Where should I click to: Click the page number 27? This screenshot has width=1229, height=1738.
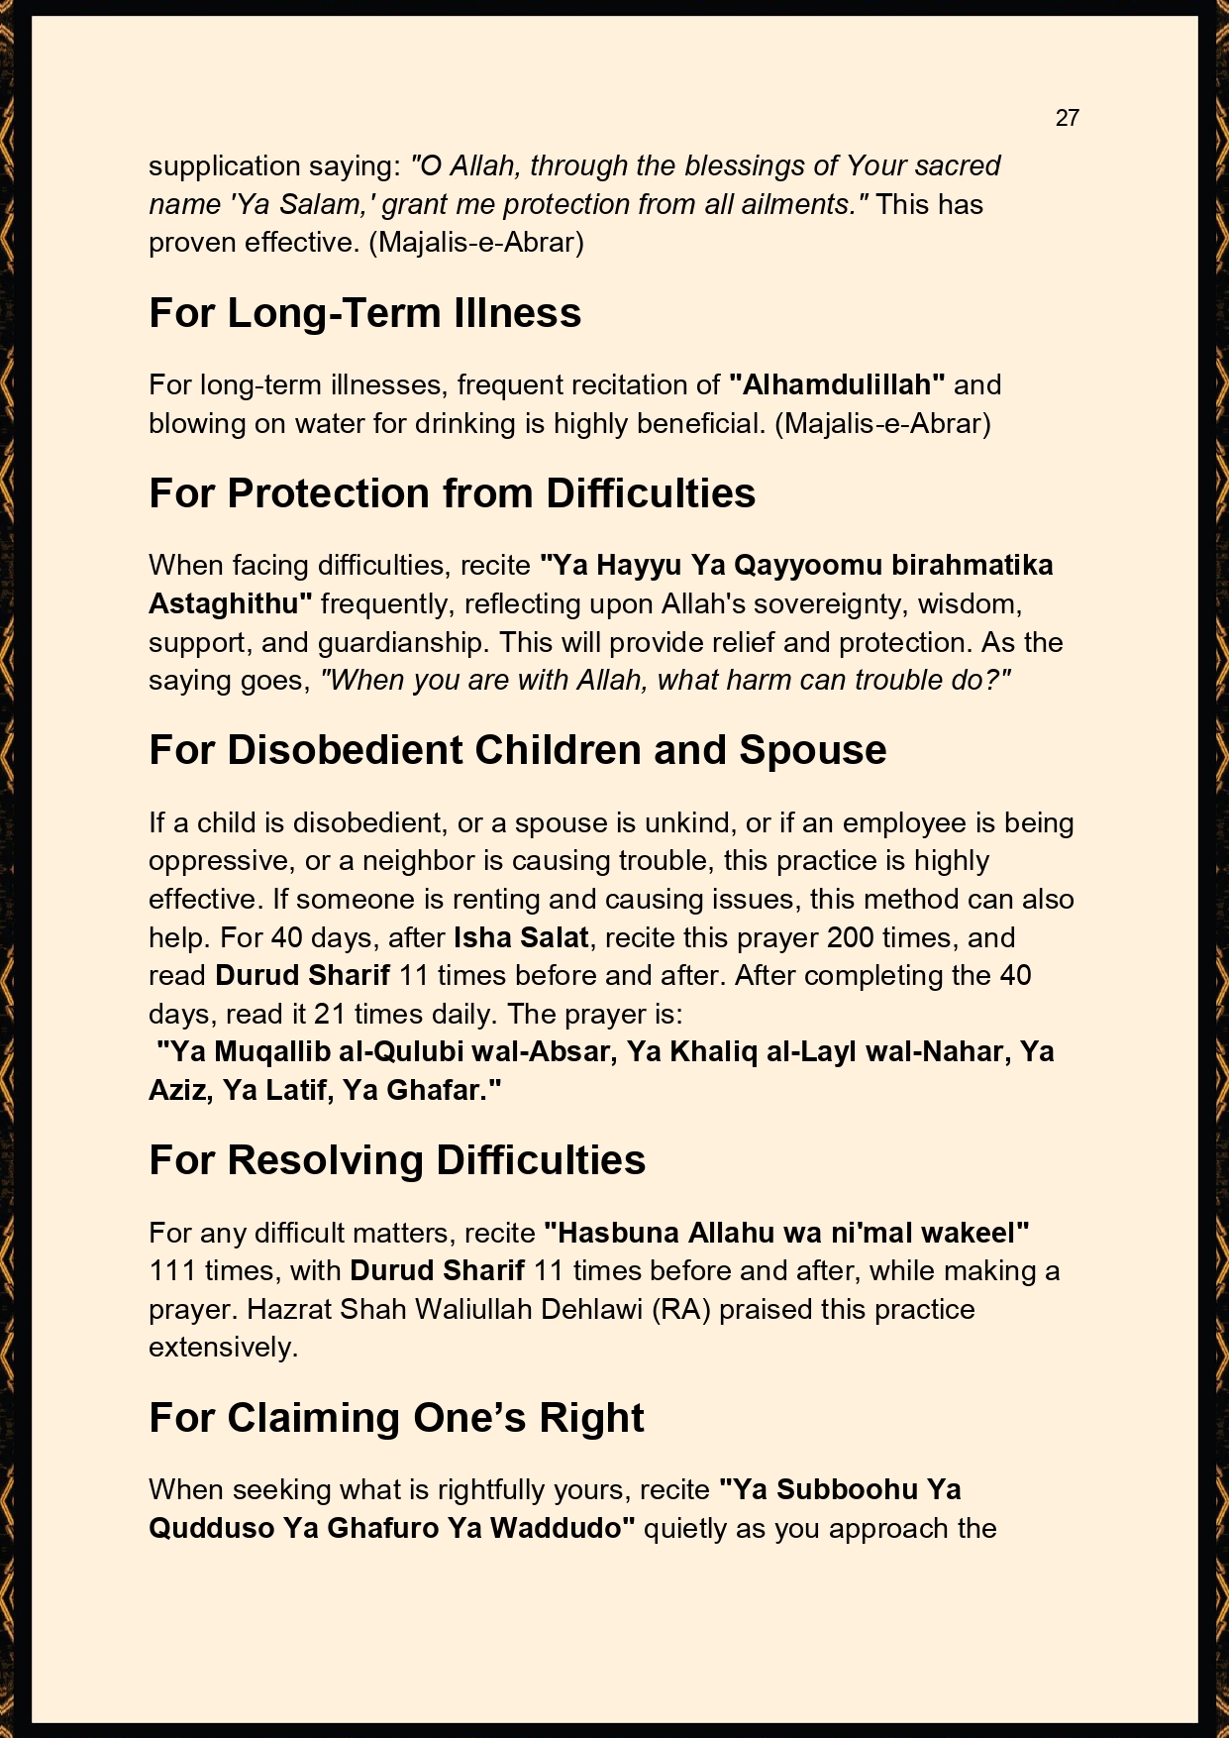click(1067, 118)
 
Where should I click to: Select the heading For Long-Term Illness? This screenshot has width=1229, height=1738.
click(364, 313)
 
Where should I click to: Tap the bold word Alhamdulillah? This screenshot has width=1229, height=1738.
click(838, 384)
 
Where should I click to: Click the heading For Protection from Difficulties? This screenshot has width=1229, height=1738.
click(452, 493)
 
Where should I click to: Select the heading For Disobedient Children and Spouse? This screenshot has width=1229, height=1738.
click(517, 750)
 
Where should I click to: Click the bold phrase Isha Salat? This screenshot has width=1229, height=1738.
click(521, 937)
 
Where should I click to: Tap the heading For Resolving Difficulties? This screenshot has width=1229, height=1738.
click(396, 1160)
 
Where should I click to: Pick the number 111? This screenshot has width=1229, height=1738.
click(172, 1270)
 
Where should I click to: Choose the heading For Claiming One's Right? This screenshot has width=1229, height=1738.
click(396, 1418)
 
